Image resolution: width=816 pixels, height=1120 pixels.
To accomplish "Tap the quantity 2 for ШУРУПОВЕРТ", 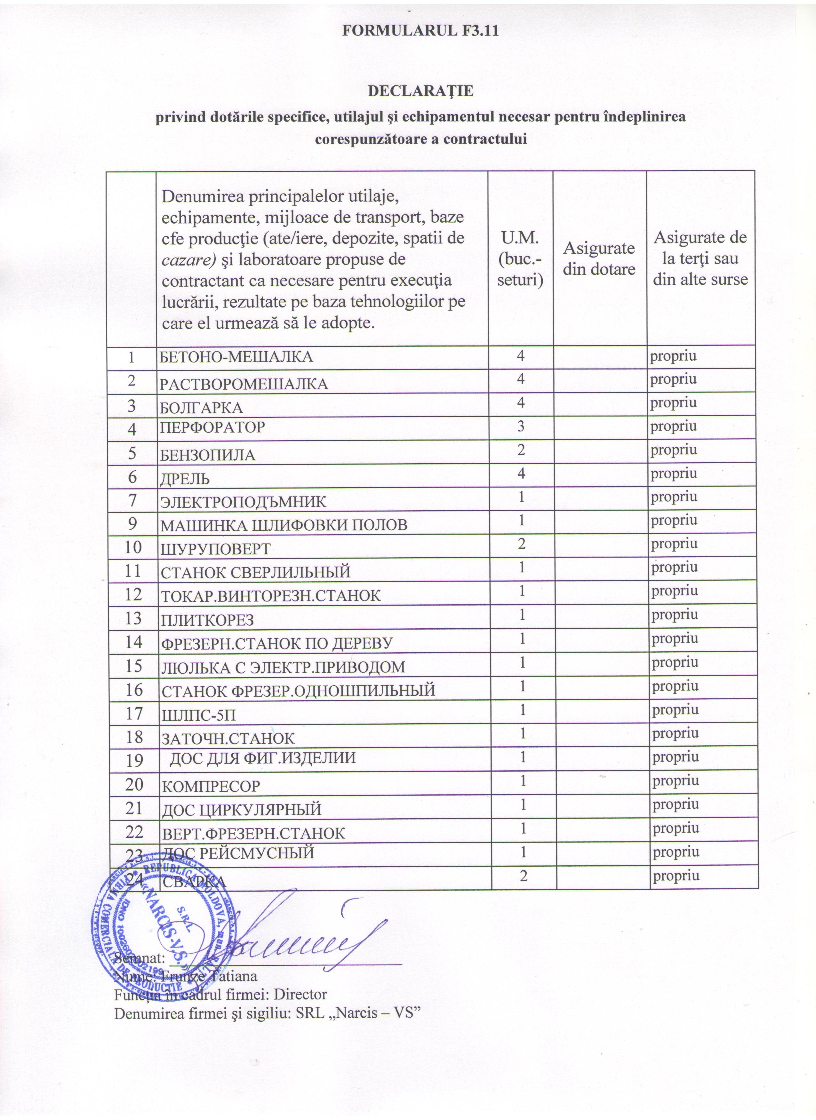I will (521, 544).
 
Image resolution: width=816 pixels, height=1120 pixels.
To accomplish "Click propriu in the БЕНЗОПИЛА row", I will (674, 450).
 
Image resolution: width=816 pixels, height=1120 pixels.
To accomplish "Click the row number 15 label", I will (133, 666).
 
